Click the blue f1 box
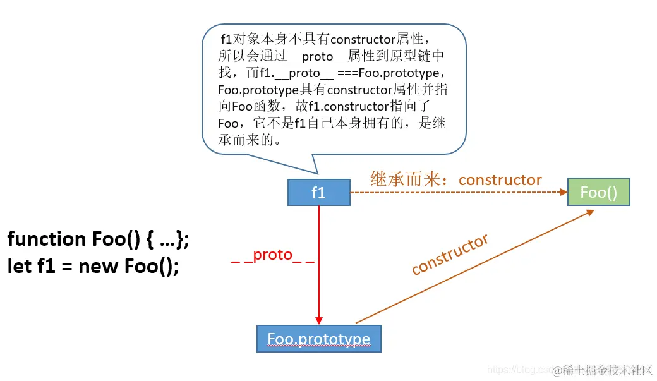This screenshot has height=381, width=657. [x=318, y=193]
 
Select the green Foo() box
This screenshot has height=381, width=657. [x=598, y=193]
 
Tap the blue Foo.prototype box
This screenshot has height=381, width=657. [x=318, y=339]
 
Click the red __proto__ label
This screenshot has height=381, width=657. [x=272, y=255]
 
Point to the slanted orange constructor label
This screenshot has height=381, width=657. [x=450, y=254]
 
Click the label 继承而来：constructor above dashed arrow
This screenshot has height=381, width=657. [x=455, y=179]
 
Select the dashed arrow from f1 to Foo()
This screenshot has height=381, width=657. [x=455, y=193]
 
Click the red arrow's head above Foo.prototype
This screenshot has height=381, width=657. [x=319, y=320]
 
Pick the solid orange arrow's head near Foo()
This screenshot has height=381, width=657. [x=589, y=212]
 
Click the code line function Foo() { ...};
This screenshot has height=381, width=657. [x=98, y=239]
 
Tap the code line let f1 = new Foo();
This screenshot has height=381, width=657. [x=93, y=266]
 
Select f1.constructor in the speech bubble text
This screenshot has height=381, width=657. [x=347, y=106]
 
